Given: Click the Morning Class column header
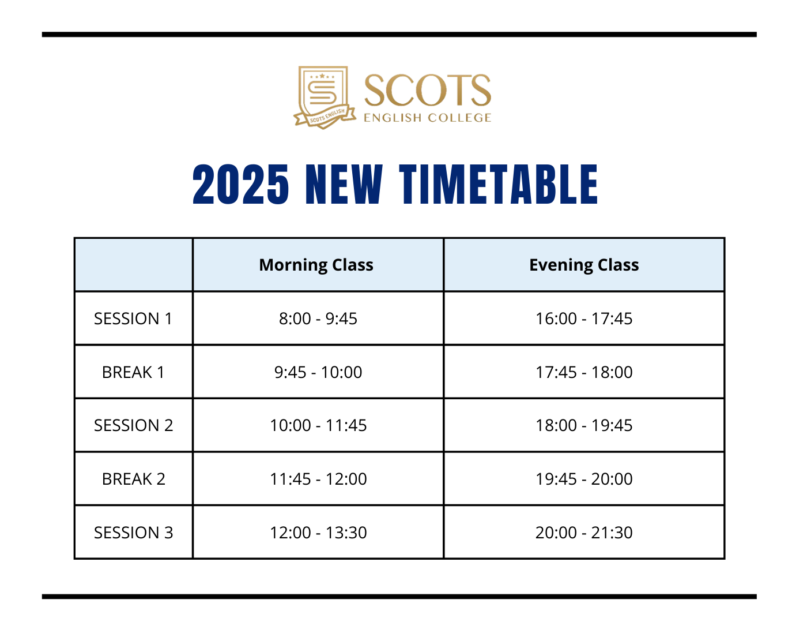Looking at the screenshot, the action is pyautogui.click(x=316, y=265).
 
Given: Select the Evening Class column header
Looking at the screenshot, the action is pyautogui.click(x=584, y=265).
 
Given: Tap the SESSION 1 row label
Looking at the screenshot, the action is pyautogui.click(x=133, y=318).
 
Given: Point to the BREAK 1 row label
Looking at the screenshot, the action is pyautogui.click(x=133, y=372).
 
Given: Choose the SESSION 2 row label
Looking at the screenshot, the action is pyautogui.click(x=133, y=426).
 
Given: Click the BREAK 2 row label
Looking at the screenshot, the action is pyautogui.click(x=133, y=479).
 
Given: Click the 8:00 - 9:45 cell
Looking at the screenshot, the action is pyautogui.click(x=318, y=318).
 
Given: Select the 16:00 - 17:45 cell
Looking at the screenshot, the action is pyautogui.click(x=584, y=318).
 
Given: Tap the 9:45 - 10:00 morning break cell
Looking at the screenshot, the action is pyautogui.click(x=318, y=372).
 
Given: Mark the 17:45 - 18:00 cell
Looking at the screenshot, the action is pyautogui.click(x=584, y=372).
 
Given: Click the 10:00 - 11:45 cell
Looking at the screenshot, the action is pyautogui.click(x=318, y=426).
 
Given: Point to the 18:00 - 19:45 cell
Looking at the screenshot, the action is pyautogui.click(x=584, y=426).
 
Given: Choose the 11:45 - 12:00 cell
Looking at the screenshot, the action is pyautogui.click(x=318, y=479).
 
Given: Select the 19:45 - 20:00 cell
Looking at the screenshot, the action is pyautogui.click(x=584, y=479).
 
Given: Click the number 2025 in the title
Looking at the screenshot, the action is pyautogui.click(x=241, y=184).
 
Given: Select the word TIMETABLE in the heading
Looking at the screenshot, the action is pyautogui.click(x=498, y=184).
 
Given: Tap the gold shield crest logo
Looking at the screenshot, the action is pyautogui.click(x=324, y=98).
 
